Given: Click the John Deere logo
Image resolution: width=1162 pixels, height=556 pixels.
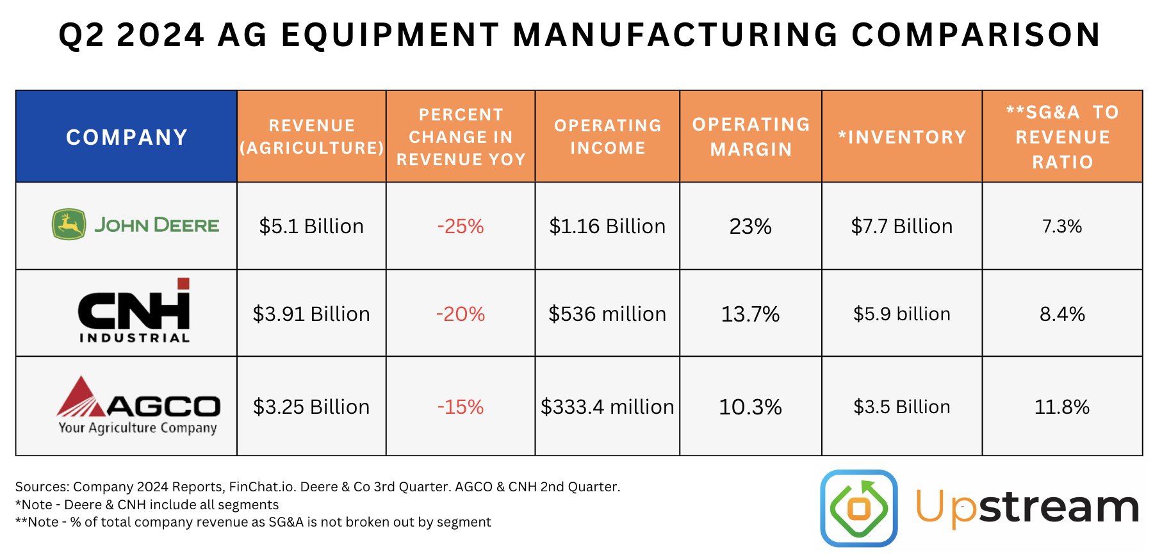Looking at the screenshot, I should point(135,225).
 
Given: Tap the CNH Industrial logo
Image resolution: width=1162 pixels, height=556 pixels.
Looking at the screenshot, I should point(135,311).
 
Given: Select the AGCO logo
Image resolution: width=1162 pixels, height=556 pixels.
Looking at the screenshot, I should point(138,405).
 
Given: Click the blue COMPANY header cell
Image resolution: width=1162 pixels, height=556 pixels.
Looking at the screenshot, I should point(127,136).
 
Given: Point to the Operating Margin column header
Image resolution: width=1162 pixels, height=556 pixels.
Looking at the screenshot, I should point(751,136).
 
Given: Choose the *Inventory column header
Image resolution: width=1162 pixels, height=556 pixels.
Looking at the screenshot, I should point(902,136).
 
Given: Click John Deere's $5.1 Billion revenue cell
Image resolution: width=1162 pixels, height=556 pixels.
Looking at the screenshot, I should point(311,226).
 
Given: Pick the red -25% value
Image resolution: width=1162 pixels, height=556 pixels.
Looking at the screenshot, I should point(461,226).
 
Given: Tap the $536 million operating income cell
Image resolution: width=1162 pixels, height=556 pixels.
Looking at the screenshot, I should point(607,314).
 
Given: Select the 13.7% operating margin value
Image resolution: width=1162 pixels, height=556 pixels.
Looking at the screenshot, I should point(750,314).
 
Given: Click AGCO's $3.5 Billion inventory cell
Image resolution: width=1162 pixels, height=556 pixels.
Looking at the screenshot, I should point(902,407).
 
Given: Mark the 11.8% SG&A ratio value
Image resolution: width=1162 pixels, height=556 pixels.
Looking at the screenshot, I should point(1062,407).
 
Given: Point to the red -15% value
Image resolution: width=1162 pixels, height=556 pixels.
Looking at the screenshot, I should point(461,407).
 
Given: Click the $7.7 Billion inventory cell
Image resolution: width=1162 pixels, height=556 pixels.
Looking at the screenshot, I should point(902,226).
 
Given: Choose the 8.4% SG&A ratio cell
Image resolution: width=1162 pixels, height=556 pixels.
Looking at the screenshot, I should point(1062,314).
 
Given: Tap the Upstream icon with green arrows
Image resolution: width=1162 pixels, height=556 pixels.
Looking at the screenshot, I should point(859,509).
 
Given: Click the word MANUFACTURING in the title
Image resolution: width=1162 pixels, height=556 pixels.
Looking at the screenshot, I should point(676,35).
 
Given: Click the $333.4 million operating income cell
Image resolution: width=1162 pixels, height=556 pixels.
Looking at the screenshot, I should point(607,407).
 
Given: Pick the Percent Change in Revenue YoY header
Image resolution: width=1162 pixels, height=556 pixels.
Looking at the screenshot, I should point(461,136).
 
